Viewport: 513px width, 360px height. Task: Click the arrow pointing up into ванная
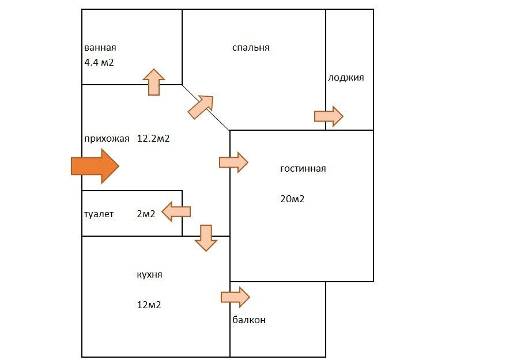[154, 82]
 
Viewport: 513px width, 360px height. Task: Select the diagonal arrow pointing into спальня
[201, 107]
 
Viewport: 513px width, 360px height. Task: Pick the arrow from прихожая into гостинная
[233, 162]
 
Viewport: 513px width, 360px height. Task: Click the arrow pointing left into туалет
[176, 212]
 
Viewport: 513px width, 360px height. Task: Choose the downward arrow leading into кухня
[206, 237]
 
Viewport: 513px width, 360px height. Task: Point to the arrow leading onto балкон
[235, 297]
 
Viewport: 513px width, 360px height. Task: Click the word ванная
[100, 48]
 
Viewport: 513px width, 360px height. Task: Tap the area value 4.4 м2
[99, 62]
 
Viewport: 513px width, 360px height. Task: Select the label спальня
[251, 48]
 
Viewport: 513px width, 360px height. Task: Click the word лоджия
[346, 77]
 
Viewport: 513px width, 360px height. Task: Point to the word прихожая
[106, 138]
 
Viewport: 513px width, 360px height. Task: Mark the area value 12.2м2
[153, 138]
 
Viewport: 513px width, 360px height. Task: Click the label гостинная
[303, 169]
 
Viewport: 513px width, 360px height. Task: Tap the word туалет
[99, 214]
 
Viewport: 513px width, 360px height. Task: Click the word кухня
[149, 274]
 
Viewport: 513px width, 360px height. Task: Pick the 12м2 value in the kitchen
[149, 305]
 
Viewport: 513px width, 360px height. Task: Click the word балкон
[250, 320]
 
